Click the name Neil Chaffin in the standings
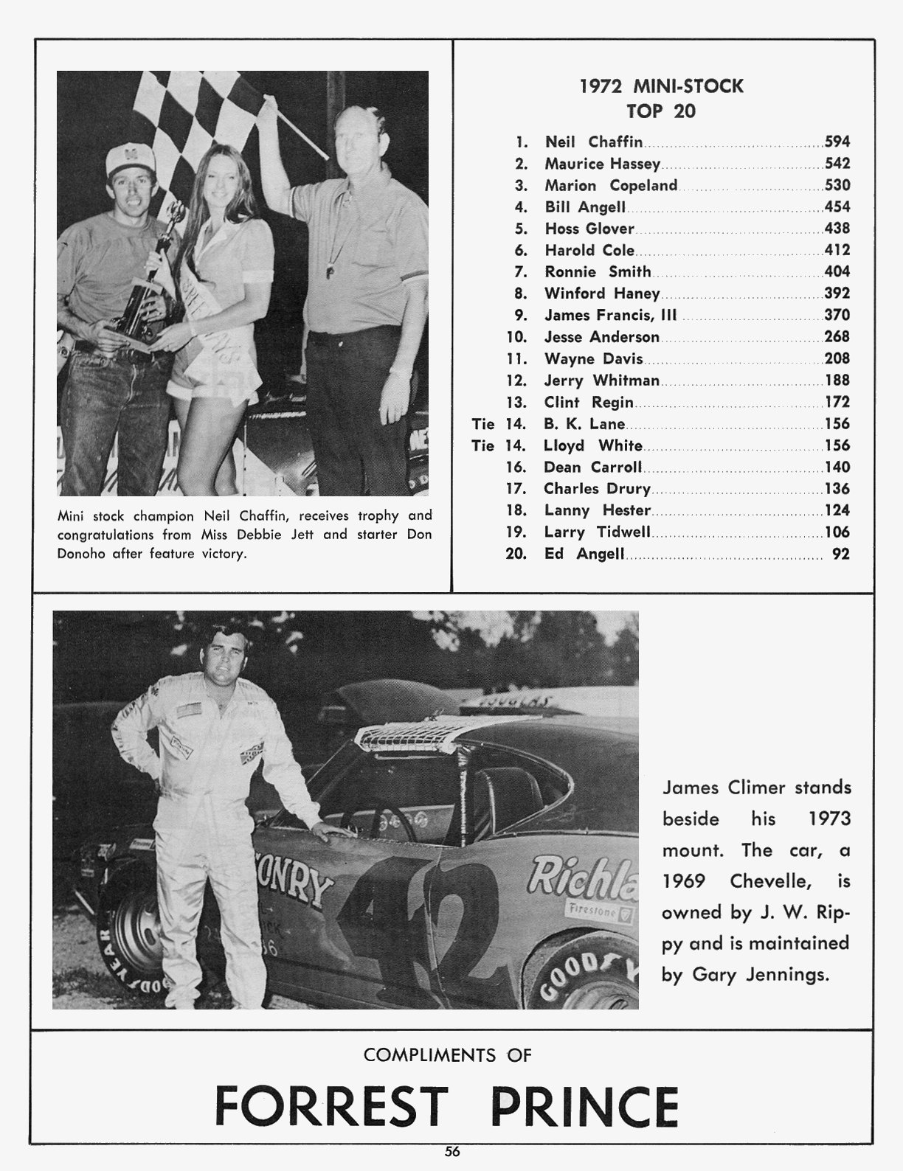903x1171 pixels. coord(593,142)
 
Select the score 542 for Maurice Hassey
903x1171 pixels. coord(837,164)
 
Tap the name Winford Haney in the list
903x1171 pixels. coord(601,293)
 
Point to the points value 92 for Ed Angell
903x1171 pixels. coord(840,554)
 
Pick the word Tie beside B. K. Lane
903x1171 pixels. coord(482,424)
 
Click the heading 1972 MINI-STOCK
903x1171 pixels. coord(661,87)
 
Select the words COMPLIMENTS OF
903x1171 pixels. coord(448,1055)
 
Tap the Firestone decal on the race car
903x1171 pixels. coord(590,908)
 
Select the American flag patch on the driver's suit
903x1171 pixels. coord(188,711)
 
